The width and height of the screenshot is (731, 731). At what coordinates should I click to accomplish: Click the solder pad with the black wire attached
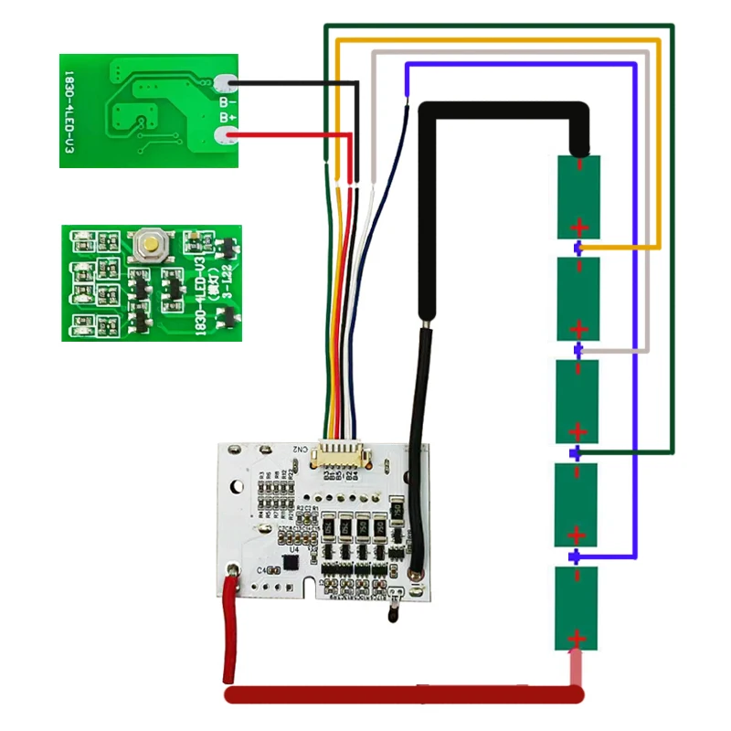229,85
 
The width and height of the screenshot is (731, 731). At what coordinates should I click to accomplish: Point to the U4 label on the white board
294,549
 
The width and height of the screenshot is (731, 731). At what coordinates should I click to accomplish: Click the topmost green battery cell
578,196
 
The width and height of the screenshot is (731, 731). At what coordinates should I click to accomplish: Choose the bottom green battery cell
578,608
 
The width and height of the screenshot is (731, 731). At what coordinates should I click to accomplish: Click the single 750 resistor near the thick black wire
397,506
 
